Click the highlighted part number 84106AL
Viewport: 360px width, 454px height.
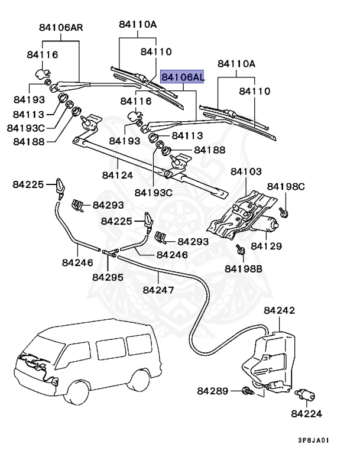pyautogui.click(x=183, y=77)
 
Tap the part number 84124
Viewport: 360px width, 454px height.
pyautogui.click(x=117, y=175)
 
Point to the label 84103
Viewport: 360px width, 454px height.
pyautogui.click(x=246, y=171)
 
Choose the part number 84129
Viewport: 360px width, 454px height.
pyautogui.click(x=266, y=245)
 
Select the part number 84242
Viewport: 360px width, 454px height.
pyautogui.click(x=280, y=310)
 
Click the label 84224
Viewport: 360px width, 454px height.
pyautogui.click(x=308, y=413)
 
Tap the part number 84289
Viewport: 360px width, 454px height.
pyautogui.click(x=212, y=391)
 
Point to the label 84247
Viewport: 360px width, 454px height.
pyautogui.click(x=158, y=290)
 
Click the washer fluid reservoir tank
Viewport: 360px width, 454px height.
pyautogui.click(x=268, y=358)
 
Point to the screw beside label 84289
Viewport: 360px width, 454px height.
pyautogui.click(x=247, y=391)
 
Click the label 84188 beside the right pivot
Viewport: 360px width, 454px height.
pyautogui.click(x=210, y=150)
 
